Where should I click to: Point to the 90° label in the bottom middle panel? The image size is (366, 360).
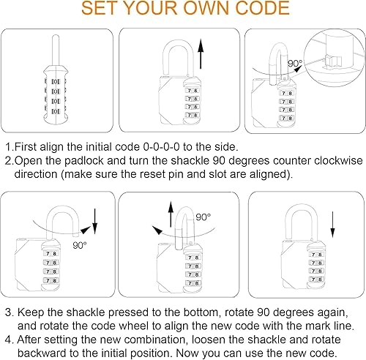203,217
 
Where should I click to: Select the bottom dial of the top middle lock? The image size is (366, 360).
193,116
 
